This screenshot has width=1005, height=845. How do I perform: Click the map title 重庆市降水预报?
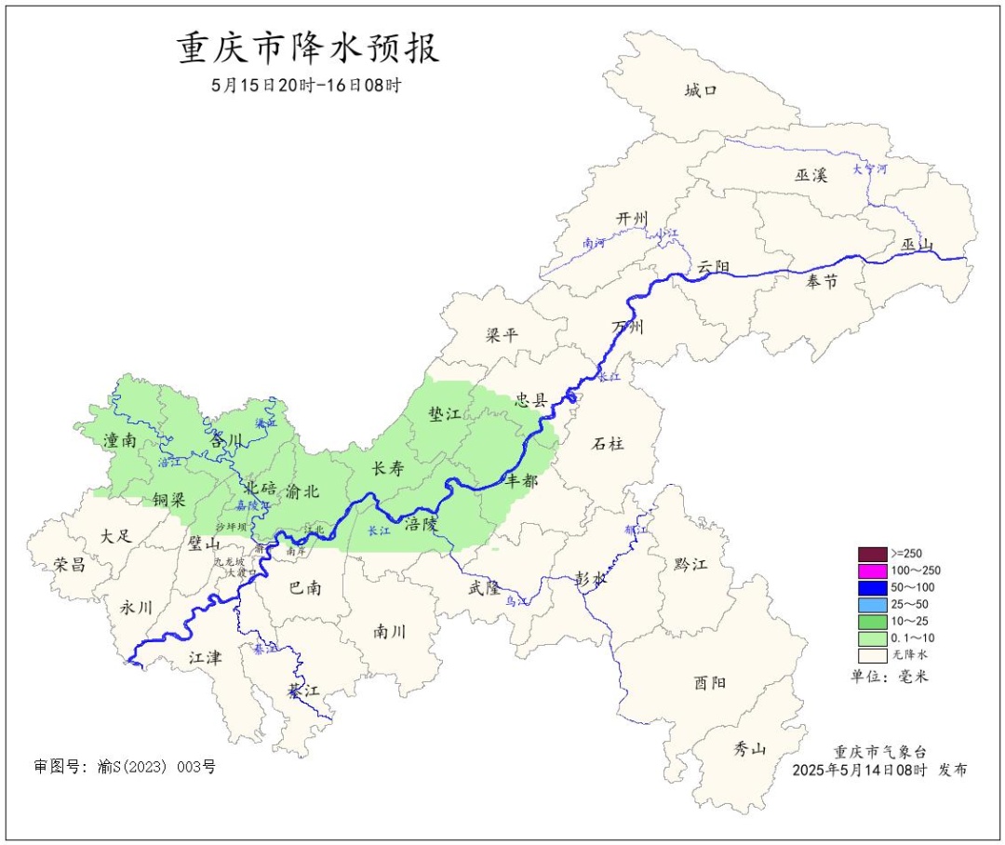pyautogui.click(x=308, y=49)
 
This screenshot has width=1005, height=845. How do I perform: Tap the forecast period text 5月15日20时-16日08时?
pyautogui.click(x=306, y=86)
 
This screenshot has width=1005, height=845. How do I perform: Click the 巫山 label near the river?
pyautogui.click(x=917, y=245)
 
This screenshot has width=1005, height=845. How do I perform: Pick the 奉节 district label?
pyautogui.click(x=822, y=281)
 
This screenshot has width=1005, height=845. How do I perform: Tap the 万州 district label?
pyautogui.click(x=628, y=327)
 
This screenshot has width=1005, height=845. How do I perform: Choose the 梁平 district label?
pyautogui.click(x=502, y=335)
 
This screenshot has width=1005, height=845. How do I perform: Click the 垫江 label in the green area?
pyautogui.click(x=445, y=415)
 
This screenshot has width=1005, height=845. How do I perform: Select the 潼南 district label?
pyautogui.click(x=120, y=440)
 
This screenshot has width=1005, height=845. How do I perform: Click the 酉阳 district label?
pyautogui.click(x=710, y=682)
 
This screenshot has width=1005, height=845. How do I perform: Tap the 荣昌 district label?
pyautogui.click(x=70, y=564)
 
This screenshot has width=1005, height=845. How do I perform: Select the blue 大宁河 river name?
pyautogui.click(x=870, y=169)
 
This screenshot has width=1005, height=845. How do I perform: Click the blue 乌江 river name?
pyautogui.click(x=516, y=602)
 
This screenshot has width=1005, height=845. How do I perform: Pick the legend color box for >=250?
pyautogui.click(x=872, y=554)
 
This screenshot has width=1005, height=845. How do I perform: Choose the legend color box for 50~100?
pyautogui.click(x=872, y=587)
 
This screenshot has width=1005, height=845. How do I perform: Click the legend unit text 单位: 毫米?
pyautogui.click(x=890, y=676)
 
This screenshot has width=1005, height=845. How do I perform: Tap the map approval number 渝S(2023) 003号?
pyautogui.click(x=125, y=767)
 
